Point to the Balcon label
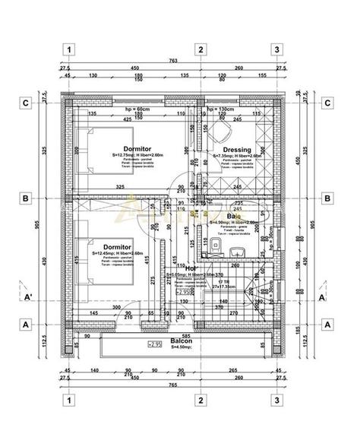point(181,341)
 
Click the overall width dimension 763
point(173,60)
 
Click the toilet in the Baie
point(217,246)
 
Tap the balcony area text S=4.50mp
point(181,347)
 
